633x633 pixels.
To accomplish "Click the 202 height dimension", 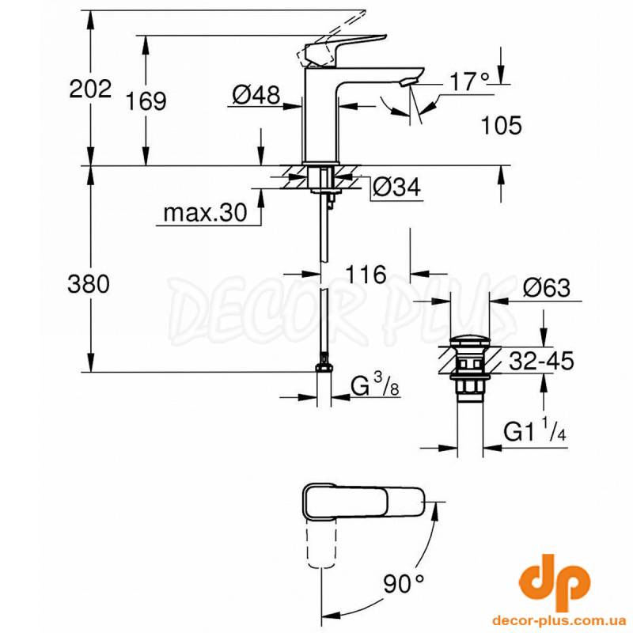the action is [90, 89].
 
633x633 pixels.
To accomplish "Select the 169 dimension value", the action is [146, 101].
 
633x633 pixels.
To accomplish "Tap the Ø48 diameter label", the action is [256, 96].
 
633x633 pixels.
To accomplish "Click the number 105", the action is [501, 125].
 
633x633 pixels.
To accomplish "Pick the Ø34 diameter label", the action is [396, 187].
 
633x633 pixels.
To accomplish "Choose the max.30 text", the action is [205, 212].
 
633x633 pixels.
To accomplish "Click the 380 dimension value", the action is [89, 283].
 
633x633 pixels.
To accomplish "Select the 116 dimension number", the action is [366, 275].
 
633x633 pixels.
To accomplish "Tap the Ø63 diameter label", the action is [547, 288].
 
